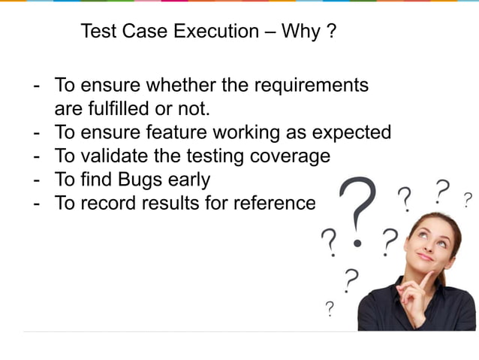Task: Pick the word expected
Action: (x=352, y=133)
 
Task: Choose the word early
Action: (x=187, y=180)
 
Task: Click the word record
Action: (x=103, y=203)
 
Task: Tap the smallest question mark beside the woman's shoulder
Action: (x=329, y=308)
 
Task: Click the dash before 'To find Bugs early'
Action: (x=37, y=180)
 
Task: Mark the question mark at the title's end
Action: (x=331, y=32)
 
